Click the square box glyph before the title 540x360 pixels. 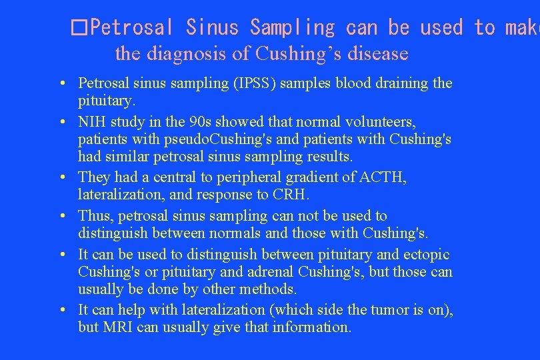[79, 28]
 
